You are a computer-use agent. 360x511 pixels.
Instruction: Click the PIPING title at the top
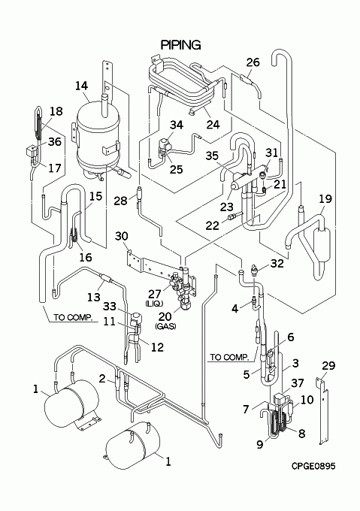pos(181,45)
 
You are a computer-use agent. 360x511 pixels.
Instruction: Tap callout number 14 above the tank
pos(81,86)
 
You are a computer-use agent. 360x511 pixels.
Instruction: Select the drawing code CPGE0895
pos(313,467)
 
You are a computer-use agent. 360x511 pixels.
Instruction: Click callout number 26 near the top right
pos(253,62)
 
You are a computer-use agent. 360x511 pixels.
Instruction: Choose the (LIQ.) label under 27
pos(154,304)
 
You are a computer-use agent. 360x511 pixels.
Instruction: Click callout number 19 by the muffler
pos(325,198)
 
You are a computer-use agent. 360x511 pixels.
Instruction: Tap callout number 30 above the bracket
pos(122,236)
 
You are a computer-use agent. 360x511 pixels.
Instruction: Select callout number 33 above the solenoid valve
pos(110,307)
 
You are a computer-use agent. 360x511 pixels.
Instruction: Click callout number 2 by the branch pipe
pos(102,378)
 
